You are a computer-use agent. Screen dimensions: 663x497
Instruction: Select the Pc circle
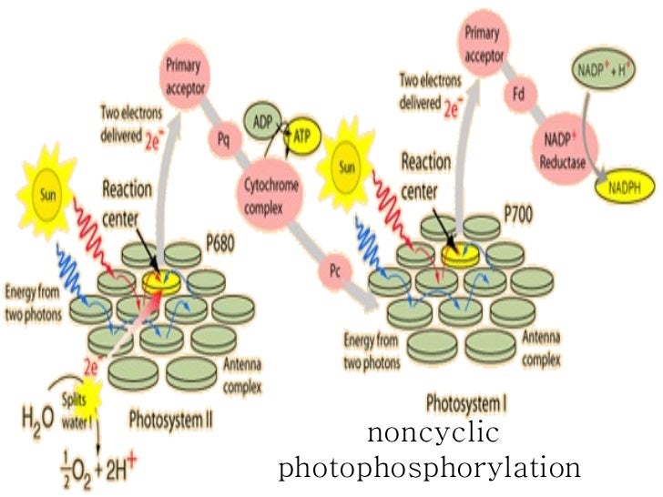[x=334, y=272]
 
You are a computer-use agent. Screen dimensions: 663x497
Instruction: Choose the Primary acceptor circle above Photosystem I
[x=483, y=39]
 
